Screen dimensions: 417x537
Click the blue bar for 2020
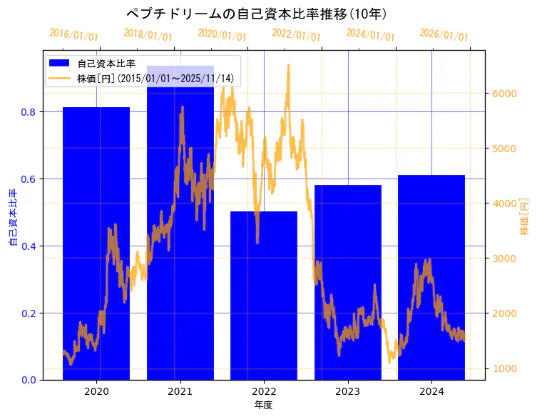click(x=96, y=243)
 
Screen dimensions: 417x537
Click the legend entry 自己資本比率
click(x=107, y=64)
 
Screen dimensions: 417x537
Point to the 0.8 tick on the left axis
click(x=29, y=112)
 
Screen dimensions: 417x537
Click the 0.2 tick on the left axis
click(x=29, y=313)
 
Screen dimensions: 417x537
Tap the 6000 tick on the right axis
click(x=505, y=94)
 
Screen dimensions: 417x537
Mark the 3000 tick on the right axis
click(x=505, y=258)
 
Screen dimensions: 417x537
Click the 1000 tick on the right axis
click(x=505, y=368)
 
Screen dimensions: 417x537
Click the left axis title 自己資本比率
click(x=12, y=217)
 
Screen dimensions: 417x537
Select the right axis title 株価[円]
click(x=525, y=217)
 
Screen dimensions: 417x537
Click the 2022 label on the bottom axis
click(x=264, y=391)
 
